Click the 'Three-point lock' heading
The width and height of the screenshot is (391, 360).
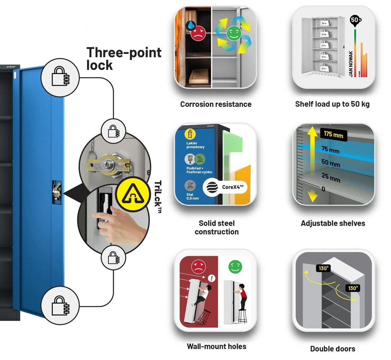pyautogui.click(x=123, y=58)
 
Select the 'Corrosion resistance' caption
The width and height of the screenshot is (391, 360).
pyautogui.click(x=216, y=104)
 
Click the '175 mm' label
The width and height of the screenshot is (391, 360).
pyautogui.click(x=333, y=135)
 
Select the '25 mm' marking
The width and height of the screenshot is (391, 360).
pyautogui.click(x=330, y=178)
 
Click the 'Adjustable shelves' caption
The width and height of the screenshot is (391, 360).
pyautogui.click(x=333, y=223)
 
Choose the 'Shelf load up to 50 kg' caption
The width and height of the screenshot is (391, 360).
pyautogui.click(x=332, y=104)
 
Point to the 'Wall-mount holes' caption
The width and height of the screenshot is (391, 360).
pyautogui.click(x=217, y=346)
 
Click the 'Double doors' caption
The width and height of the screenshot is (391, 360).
pyautogui.click(x=332, y=348)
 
